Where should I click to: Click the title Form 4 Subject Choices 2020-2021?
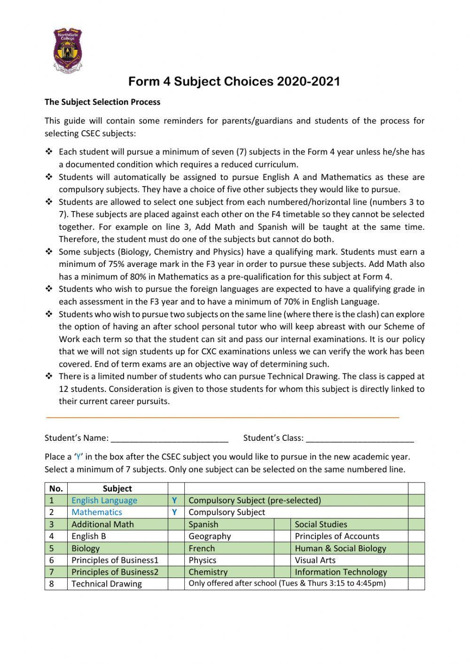point(234,81)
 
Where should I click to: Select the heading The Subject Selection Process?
point(102,102)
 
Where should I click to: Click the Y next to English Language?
point(174,500)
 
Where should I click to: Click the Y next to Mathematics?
point(174,512)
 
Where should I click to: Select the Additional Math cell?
point(102,524)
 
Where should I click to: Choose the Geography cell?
point(210,536)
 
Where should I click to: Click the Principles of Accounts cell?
point(337,536)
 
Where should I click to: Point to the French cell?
point(202,548)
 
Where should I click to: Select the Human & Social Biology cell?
point(340,548)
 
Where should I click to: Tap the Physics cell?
point(203,560)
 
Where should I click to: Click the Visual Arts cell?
point(315,560)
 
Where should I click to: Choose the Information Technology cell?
point(341,572)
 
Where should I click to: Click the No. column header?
point(56,488)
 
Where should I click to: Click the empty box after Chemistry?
point(282,572)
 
